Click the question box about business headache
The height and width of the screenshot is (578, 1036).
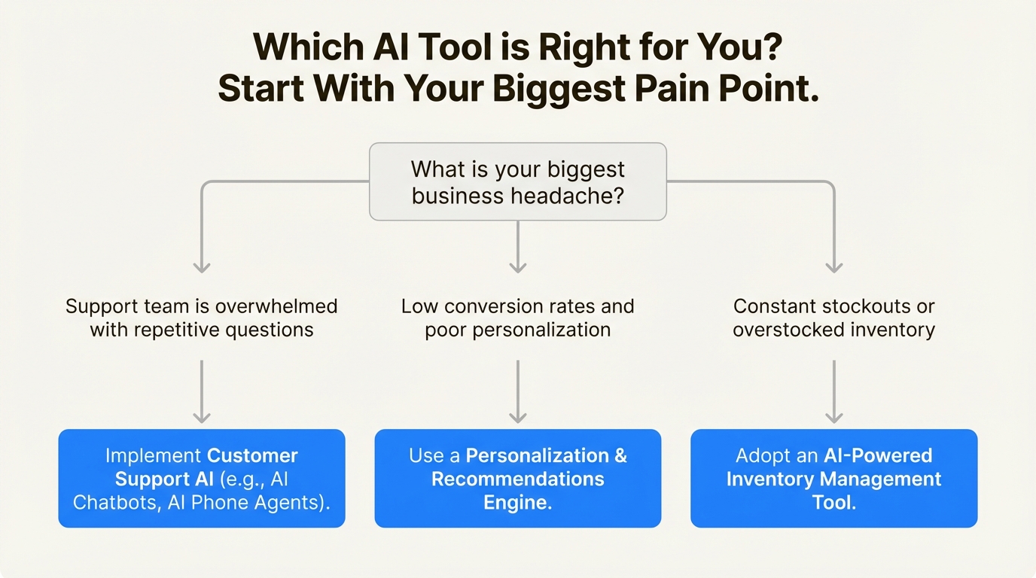pos(517,181)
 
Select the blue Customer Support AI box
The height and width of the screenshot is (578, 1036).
pos(201,478)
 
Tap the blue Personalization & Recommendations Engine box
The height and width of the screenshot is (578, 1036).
pos(517,478)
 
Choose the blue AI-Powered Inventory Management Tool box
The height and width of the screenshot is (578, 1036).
pos(833,478)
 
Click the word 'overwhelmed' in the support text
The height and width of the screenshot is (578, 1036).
pos(276,307)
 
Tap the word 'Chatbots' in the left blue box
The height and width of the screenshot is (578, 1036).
pos(114,502)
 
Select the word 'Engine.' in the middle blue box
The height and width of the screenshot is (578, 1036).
pos(517,502)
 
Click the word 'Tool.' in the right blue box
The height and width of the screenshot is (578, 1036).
pos(833,502)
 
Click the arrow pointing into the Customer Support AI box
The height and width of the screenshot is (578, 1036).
pos(201,391)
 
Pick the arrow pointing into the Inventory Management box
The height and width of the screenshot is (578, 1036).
pos(833,391)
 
